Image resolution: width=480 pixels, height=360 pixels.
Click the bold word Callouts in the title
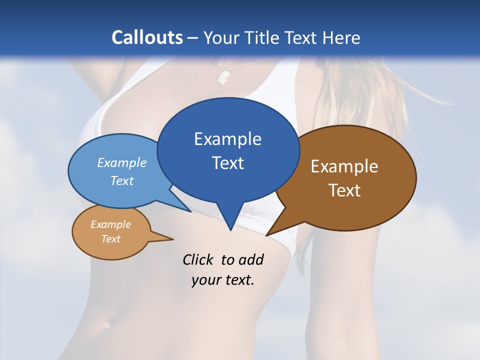click(x=147, y=37)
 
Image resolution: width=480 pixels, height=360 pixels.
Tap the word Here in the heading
click(x=341, y=37)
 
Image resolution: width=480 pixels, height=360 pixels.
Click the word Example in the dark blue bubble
click(x=227, y=139)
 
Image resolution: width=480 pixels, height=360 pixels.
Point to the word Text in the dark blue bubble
click(x=227, y=163)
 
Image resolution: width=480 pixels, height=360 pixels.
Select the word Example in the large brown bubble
click(x=344, y=166)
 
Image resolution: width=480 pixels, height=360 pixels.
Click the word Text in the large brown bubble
click(x=344, y=190)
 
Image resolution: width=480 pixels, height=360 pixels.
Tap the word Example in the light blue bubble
click(x=122, y=162)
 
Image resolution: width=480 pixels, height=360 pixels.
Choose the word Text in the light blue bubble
click(x=122, y=180)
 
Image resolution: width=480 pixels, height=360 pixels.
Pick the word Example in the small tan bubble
click(x=110, y=224)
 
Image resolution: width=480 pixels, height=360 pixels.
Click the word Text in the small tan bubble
click(x=110, y=239)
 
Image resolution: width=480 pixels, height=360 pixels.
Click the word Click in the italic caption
click(x=198, y=259)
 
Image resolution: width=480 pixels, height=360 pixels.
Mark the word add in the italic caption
click(x=251, y=259)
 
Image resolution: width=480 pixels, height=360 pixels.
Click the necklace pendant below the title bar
click(x=223, y=75)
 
